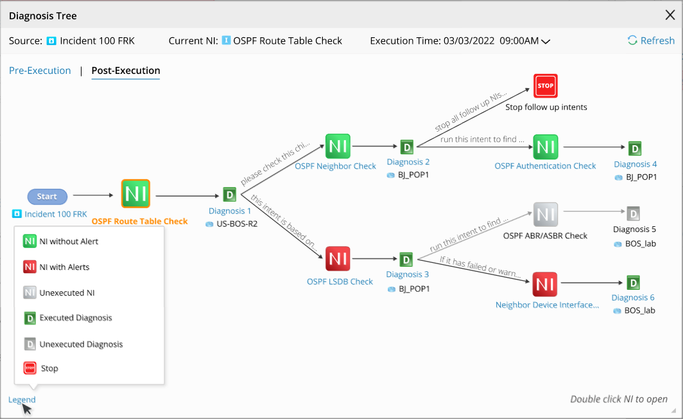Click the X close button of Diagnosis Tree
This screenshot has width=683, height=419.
coord(670,15)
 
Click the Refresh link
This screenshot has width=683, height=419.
coord(651,41)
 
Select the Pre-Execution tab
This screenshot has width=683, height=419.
coord(40,71)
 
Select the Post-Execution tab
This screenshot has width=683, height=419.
coord(126,71)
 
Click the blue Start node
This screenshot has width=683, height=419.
coord(47,197)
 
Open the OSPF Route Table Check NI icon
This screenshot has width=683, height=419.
coord(135,193)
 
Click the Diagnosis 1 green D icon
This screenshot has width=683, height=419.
coord(230,195)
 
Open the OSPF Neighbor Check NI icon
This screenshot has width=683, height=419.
coord(338,147)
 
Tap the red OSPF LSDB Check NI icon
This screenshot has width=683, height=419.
coord(338,259)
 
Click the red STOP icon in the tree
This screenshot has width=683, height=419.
coord(546,85)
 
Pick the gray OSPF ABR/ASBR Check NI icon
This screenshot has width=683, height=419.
coord(546,215)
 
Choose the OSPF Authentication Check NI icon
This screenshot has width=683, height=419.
coord(546,147)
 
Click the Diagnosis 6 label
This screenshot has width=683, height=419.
coord(633,298)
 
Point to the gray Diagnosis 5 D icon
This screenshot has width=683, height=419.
coord(634,213)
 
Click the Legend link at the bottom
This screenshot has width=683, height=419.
coord(22,400)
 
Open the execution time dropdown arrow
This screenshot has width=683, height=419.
coord(546,42)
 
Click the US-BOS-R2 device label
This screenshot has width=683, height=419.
coord(236,224)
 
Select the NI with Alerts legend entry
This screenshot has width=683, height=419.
coord(64,267)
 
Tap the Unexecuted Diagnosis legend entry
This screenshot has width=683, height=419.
coord(81,344)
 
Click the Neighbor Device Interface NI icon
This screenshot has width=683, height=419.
coord(545,284)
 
